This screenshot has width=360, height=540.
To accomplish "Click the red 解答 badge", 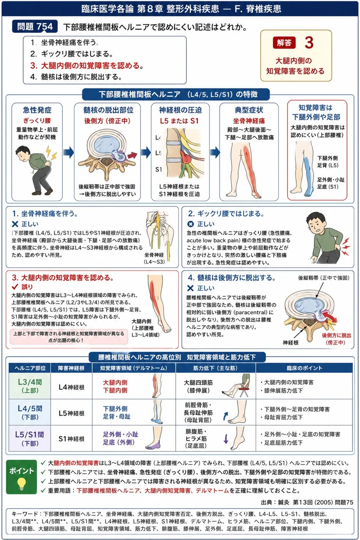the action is tap(284, 43).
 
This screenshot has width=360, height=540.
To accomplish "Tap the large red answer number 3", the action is tap(309, 43).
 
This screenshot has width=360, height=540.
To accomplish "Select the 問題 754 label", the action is tap(35, 27).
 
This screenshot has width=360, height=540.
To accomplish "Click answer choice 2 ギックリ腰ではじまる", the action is tap(72, 54).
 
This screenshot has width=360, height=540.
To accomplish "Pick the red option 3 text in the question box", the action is tap(87, 65).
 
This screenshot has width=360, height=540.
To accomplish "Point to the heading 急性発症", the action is tap(37, 110).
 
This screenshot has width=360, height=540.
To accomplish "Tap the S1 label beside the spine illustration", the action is tap(158, 170).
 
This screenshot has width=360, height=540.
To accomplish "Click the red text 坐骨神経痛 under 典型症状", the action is tap(249, 121).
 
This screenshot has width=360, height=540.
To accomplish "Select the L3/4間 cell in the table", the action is tap(30, 386).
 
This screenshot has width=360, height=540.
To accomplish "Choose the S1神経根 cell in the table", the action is tap(71, 439).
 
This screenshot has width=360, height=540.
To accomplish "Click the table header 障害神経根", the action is tap(71, 368).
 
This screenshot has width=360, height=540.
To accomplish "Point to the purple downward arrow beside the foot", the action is tap(226, 439).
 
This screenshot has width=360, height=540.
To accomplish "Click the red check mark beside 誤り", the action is tap(15, 286).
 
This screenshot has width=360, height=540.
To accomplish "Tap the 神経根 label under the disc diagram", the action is tap(290, 343).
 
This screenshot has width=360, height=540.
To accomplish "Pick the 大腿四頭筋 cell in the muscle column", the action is tap(198, 386).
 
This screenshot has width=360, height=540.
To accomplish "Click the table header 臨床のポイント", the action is tap(304, 368).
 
